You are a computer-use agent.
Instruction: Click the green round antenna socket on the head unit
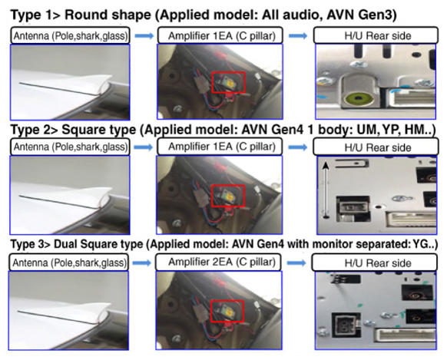[359, 99]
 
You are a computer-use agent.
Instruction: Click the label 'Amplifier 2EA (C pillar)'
[222, 262]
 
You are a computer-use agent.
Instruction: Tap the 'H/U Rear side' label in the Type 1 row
[378, 36]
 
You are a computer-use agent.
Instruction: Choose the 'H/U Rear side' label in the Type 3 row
[378, 263]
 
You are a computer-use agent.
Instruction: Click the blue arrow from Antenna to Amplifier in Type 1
[144, 36]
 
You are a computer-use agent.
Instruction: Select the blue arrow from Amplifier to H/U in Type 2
[298, 147]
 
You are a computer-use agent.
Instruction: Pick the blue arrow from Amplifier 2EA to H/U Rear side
[296, 263]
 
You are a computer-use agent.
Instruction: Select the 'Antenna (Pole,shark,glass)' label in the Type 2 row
[71, 147]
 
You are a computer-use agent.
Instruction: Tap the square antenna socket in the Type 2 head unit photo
[353, 208]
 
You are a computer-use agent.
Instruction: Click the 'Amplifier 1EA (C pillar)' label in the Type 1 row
[222, 36]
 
